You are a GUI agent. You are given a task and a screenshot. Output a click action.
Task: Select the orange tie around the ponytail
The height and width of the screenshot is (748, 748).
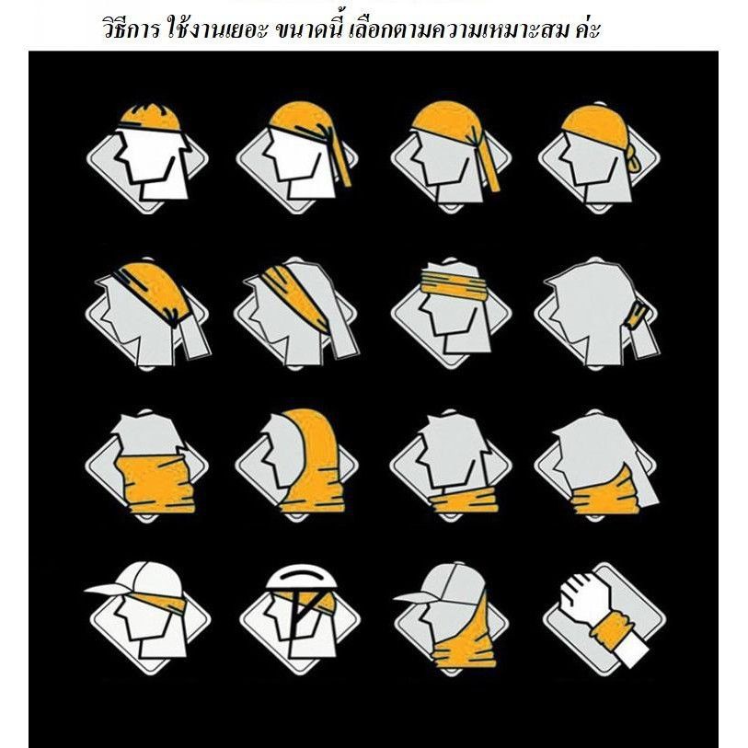pos(638,315)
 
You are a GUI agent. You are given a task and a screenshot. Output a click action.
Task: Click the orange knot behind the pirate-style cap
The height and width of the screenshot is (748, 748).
pos(633,159)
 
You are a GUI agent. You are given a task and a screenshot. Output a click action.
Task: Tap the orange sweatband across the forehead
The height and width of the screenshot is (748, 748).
pos(454,282)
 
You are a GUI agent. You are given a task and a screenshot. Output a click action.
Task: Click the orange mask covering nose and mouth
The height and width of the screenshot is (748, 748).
pos(155,483)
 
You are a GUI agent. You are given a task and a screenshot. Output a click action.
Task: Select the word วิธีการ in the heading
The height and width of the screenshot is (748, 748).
pos(132,29)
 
